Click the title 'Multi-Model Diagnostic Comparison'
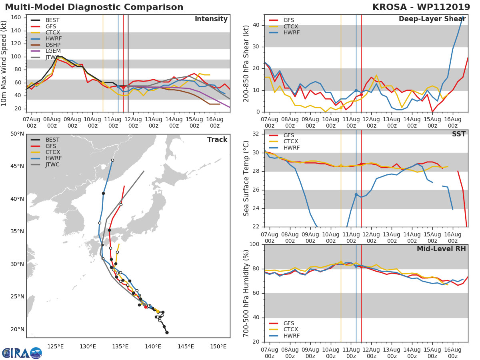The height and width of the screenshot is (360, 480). coord(94,7)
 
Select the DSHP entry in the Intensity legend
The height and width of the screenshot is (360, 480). coord(54,45)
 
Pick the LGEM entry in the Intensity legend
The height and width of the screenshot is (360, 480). coord(54,51)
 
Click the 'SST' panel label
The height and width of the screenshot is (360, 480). coord(459,134)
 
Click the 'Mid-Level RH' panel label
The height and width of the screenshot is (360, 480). coord(441,249)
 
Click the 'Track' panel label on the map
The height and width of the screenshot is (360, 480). coord(217,140)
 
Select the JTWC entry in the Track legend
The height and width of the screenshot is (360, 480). coord(52,165)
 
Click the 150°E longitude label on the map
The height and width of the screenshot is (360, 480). coord(218,346)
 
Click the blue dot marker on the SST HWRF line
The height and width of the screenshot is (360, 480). coord(356,195)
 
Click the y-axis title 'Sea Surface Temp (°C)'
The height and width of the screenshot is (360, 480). coord(246,178)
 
